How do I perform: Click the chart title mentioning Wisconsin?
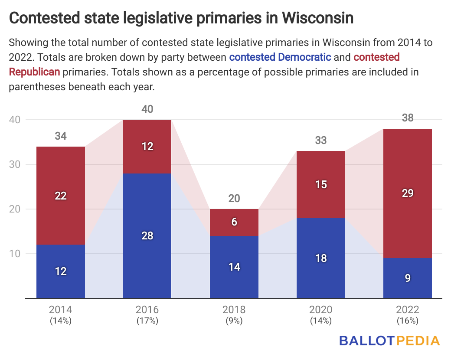181,18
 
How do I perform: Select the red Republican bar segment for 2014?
61,195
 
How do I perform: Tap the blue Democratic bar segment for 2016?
147,236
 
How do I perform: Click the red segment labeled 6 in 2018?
234,222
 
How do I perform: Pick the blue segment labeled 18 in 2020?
321,258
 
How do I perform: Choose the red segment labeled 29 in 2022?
408,193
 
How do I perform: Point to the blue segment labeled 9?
408,278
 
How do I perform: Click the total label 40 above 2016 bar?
147,109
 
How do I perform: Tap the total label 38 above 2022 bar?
408,118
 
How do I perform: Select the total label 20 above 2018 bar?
234,199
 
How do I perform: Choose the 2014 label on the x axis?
61,310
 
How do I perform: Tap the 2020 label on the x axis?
321,310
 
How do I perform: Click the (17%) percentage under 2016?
147,321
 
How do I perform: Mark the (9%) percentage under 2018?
234,321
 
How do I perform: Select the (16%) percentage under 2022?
408,321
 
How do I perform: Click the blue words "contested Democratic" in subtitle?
280,57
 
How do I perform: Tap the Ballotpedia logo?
389,340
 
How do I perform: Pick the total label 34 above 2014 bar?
61,136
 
